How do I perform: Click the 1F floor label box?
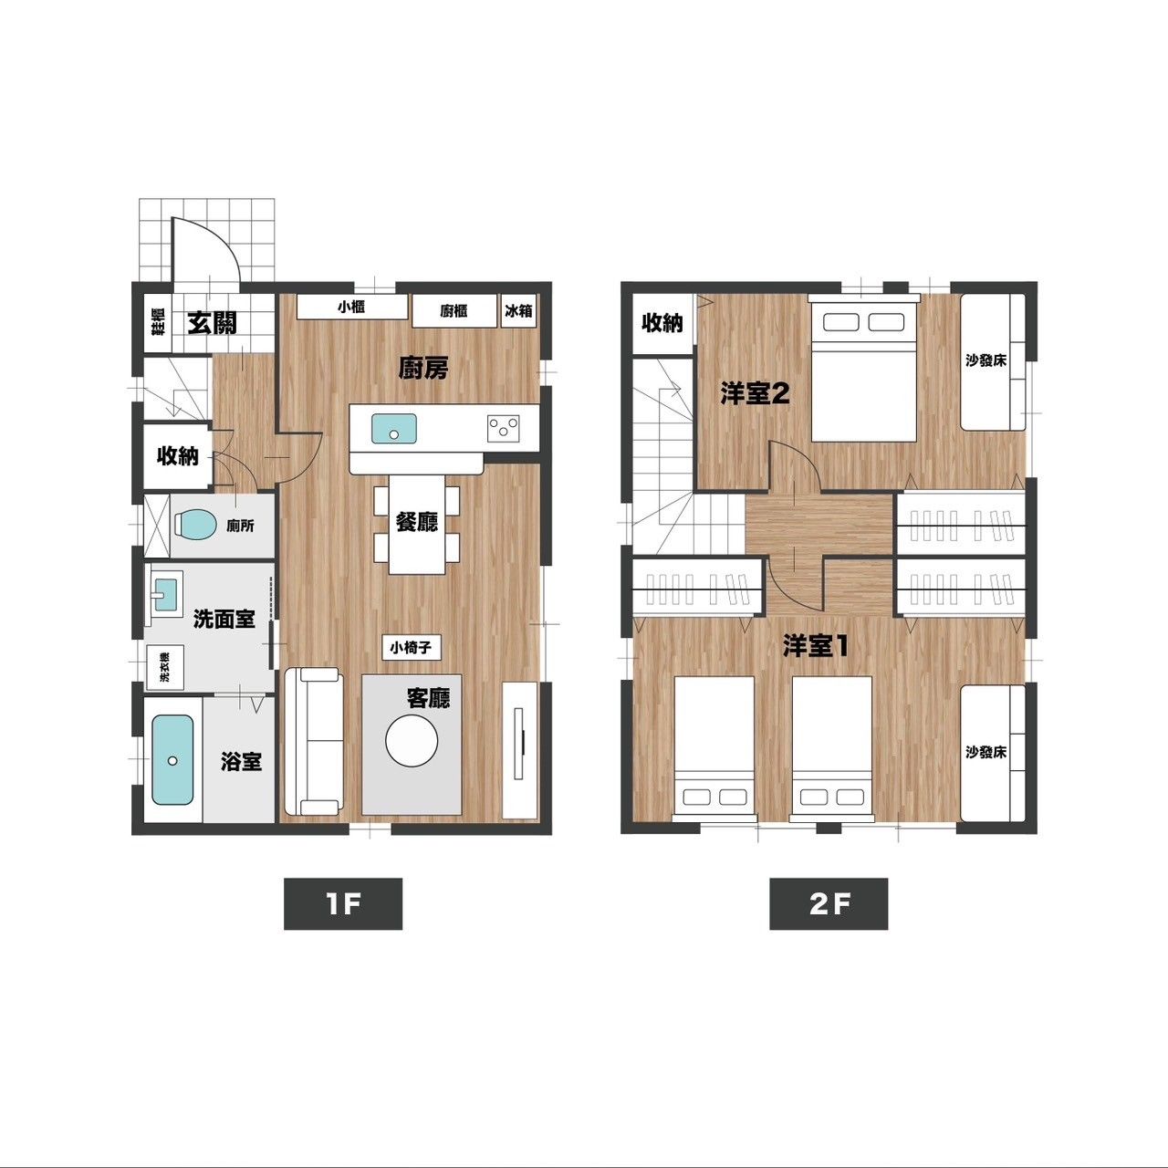coord(343,903)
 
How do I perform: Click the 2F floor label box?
coord(829,903)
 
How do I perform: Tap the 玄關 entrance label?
coord(212,323)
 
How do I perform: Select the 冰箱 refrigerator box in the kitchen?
coord(519,311)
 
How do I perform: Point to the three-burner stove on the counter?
coord(504,427)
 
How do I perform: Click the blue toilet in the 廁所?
coord(194,525)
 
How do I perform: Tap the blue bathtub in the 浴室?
coord(172,760)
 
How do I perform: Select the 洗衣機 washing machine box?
coord(165,667)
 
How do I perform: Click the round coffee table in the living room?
coord(412,741)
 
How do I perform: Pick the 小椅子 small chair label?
coord(411,648)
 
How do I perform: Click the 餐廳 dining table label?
coord(416,521)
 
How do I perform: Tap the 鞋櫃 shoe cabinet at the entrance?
coord(158,322)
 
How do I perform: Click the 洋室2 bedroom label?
coord(755,394)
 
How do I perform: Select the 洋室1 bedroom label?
coord(815,647)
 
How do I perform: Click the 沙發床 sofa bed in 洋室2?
coord(993,362)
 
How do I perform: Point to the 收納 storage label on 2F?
coord(662,323)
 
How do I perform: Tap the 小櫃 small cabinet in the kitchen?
coord(351,307)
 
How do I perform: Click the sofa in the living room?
coord(313,741)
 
